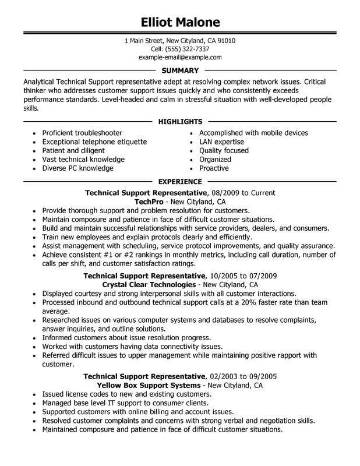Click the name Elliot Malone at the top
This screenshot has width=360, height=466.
click(180, 22)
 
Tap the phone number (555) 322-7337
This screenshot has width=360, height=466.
click(189, 50)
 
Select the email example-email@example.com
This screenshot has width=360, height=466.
click(180, 58)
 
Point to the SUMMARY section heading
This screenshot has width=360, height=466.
click(180, 70)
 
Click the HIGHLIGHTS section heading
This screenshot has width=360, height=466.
click(180, 122)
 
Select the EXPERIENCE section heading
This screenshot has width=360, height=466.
click(180, 182)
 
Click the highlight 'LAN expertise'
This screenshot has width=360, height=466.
click(221, 142)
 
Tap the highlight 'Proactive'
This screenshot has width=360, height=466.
click(213, 168)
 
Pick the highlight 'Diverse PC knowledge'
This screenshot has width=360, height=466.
click(77, 168)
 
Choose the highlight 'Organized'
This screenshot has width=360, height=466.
click(215, 160)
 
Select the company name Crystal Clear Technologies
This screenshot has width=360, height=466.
click(149, 285)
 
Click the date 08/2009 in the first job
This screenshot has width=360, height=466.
click(225, 192)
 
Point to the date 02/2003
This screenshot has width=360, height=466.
click(224, 376)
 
